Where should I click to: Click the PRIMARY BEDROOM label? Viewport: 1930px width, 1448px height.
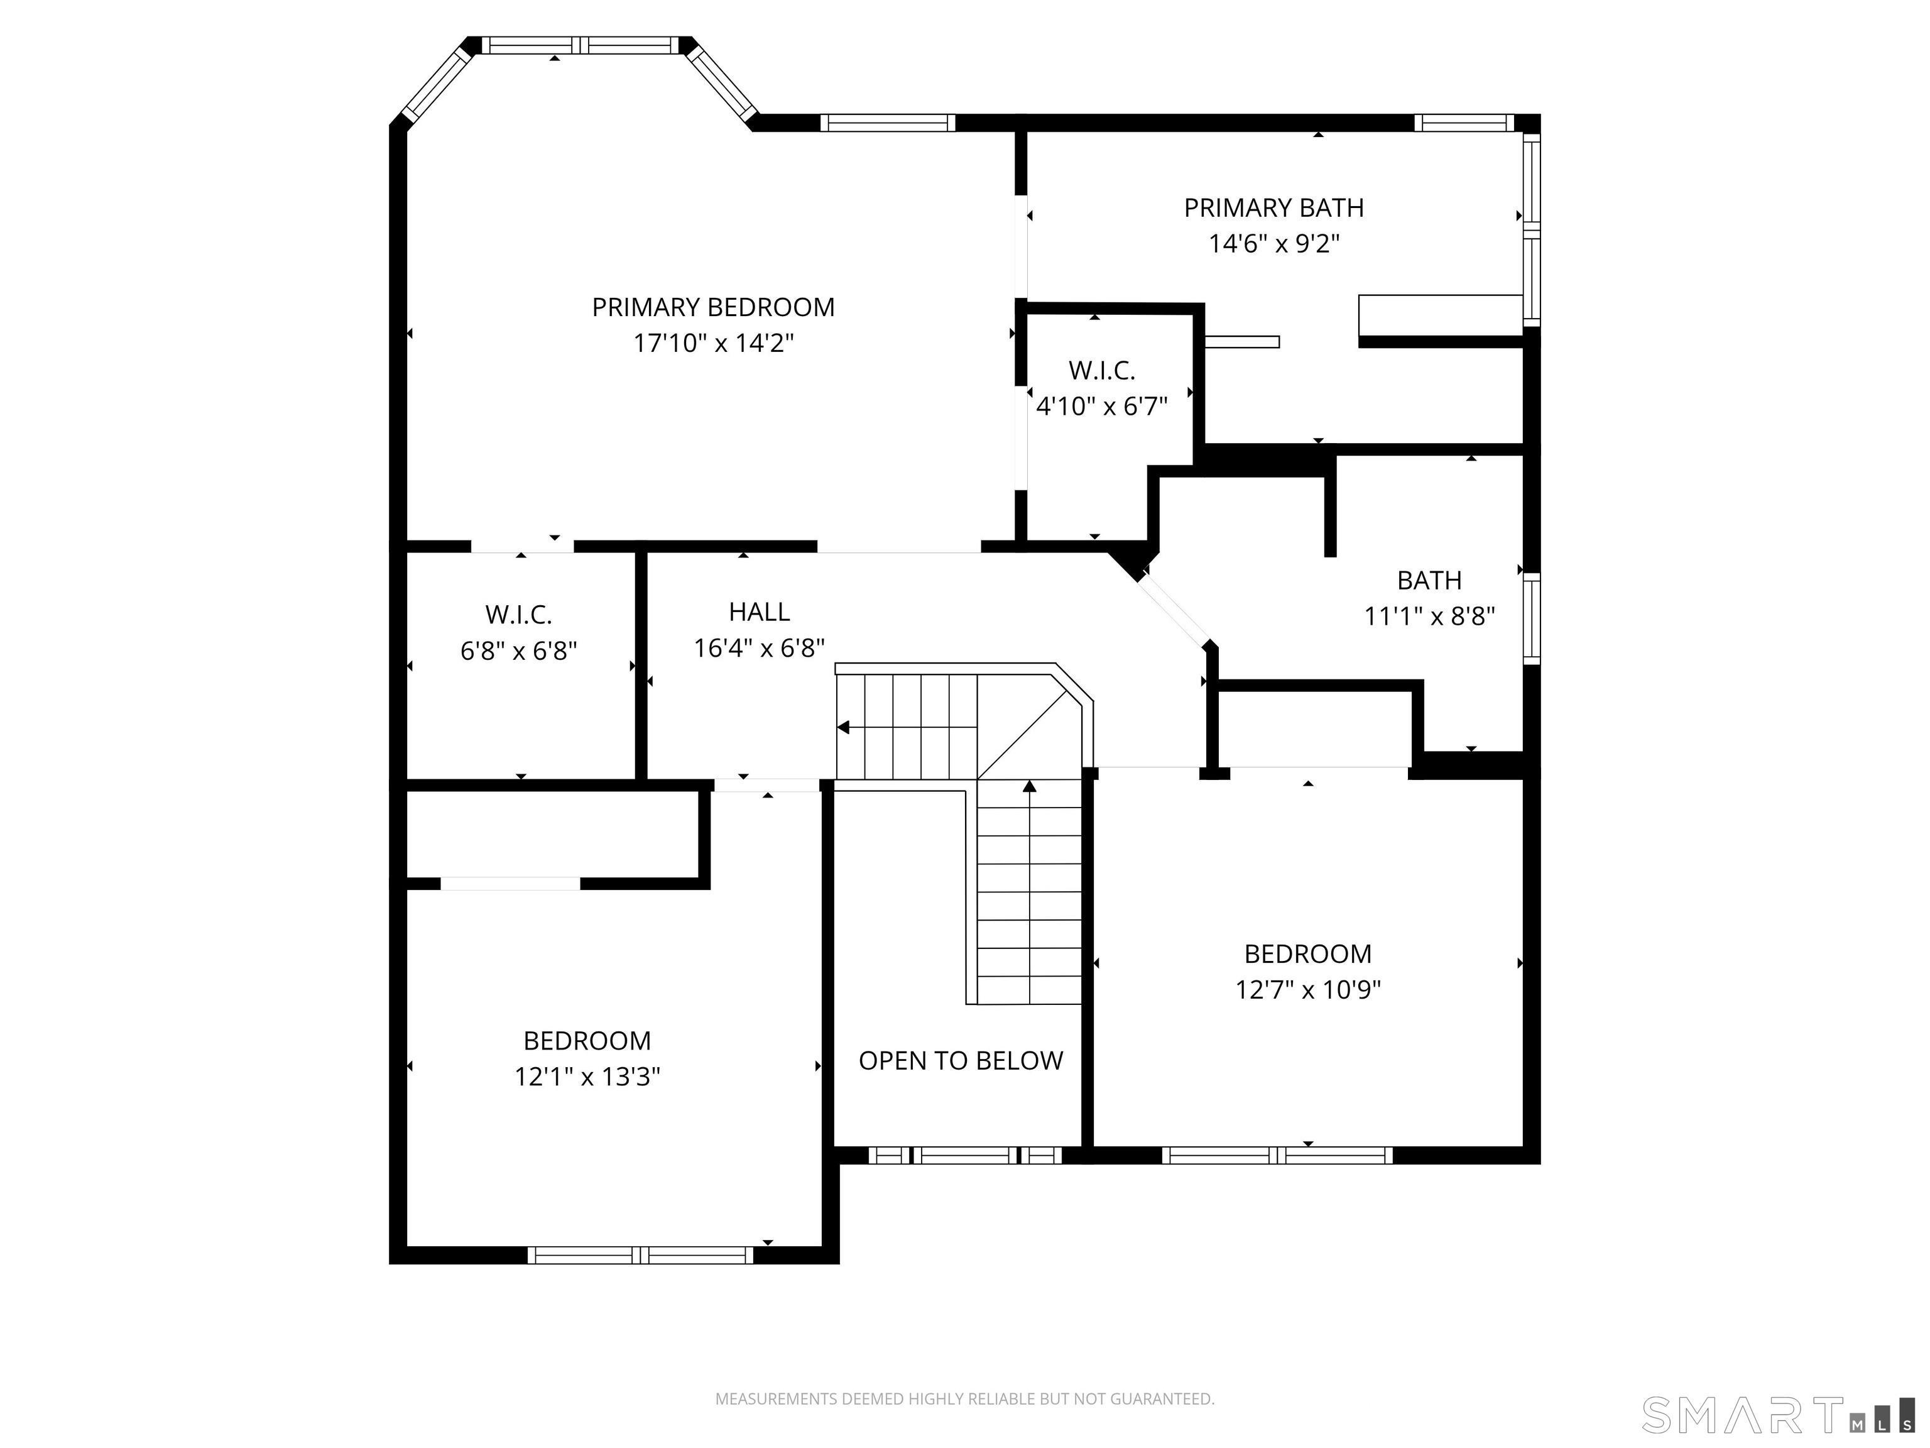pyautogui.click(x=713, y=307)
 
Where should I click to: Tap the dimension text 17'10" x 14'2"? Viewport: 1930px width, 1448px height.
pyautogui.click(x=713, y=343)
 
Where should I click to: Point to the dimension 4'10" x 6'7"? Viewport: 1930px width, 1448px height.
pyautogui.click(x=1101, y=406)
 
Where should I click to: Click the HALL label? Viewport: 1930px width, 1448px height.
pyautogui.click(x=759, y=612)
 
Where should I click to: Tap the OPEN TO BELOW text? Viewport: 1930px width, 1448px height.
pyautogui.click(x=961, y=1060)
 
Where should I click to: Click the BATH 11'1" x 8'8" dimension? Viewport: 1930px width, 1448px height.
pyautogui.click(x=1429, y=616)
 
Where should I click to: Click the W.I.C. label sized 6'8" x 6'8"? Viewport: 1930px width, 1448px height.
pyautogui.click(x=518, y=615)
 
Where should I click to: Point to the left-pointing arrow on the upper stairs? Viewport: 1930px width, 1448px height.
pyautogui.click(x=844, y=727)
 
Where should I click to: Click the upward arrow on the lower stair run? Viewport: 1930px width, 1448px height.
pyautogui.click(x=1030, y=786)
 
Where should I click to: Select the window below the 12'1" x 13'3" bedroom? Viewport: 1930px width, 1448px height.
pyautogui.click(x=640, y=1255)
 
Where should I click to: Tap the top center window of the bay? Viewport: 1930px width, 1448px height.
pyautogui.click(x=581, y=45)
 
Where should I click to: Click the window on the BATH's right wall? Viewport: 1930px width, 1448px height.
pyautogui.click(x=1531, y=618)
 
